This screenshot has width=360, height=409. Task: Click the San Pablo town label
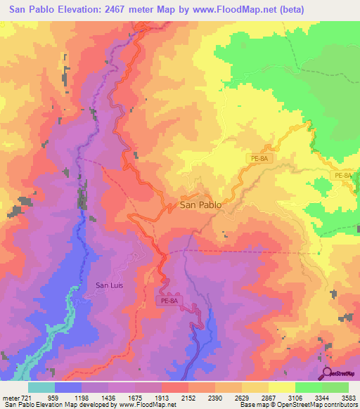(200, 205)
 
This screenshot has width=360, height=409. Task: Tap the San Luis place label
(110, 285)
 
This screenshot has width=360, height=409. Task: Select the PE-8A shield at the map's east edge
(343, 176)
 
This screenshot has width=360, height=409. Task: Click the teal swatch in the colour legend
(41, 387)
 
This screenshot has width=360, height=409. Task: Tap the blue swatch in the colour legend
(67, 387)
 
